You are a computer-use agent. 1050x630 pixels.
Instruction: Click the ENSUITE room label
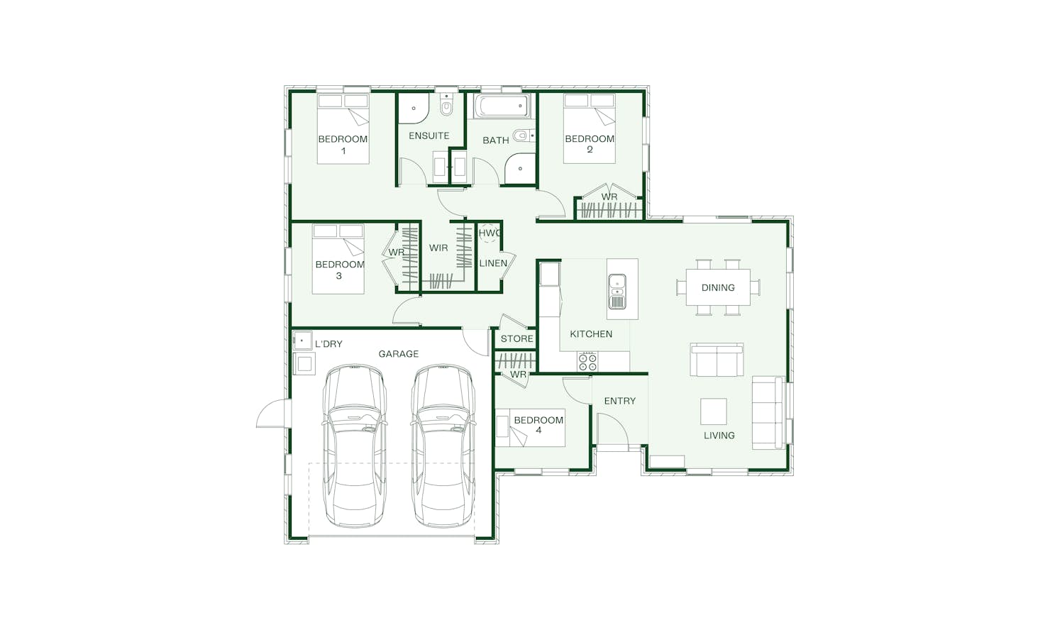[429, 136]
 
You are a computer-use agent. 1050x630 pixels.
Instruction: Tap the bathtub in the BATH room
[502, 106]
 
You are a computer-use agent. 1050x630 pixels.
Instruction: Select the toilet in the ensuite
[446, 106]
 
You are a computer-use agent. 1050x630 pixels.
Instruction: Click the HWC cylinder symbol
[489, 233]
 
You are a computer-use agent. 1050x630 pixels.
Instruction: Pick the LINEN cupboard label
[493, 263]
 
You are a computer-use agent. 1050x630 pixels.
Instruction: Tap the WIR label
[438, 248]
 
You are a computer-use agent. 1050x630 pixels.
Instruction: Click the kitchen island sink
[617, 292]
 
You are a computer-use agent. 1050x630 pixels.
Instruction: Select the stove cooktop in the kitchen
[588, 362]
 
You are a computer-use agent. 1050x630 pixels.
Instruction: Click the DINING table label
[718, 288]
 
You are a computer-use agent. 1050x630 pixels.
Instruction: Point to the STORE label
[516, 339]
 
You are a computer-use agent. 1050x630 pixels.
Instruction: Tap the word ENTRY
[619, 402]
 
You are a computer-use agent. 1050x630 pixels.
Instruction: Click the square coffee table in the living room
[714, 411]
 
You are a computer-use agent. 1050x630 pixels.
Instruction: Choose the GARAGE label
[399, 354]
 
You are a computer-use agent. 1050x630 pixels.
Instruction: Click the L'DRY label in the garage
[328, 344]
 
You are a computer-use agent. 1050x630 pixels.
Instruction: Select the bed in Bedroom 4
[530, 428]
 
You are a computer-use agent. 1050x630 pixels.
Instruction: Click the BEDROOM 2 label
[590, 144]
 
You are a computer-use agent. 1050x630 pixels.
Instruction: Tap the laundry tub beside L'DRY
[302, 341]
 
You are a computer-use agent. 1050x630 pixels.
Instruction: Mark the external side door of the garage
[272, 413]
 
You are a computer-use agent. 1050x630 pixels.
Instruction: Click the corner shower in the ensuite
[413, 109]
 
